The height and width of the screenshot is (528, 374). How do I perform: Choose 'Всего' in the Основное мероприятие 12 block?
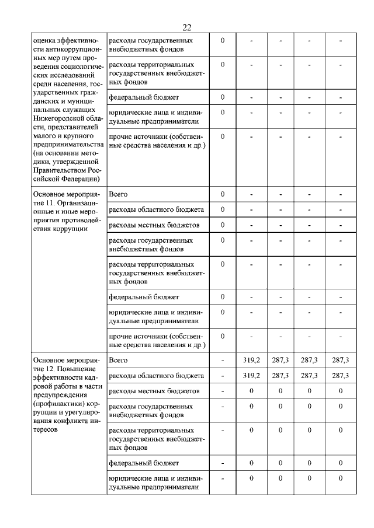119,361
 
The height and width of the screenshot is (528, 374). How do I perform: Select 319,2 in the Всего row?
251,361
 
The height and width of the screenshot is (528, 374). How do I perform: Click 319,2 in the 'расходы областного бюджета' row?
251,376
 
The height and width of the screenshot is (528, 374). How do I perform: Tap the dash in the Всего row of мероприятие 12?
223,361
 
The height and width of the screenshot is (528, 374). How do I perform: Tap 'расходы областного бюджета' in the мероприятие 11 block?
157,209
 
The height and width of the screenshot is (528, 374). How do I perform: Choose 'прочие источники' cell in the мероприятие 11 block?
156,341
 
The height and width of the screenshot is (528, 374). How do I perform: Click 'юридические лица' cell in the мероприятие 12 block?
156,483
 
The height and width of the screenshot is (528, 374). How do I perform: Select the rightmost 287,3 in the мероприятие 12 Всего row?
340,361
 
